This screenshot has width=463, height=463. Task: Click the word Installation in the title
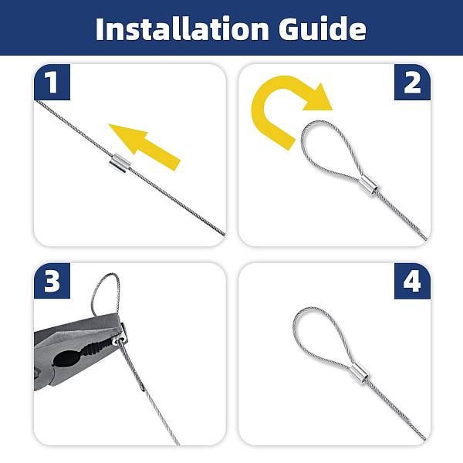(x=182, y=29)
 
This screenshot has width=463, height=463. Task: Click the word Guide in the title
(x=323, y=29)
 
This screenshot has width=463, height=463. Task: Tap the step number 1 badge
(x=52, y=82)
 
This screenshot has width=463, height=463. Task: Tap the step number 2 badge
(x=412, y=82)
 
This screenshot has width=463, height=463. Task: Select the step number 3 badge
(x=52, y=281)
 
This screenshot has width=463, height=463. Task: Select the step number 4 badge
(x=412, y=281)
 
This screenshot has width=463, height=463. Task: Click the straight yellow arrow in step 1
(x=145, y=147)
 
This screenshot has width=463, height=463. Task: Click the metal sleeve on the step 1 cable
(x=119, y=164)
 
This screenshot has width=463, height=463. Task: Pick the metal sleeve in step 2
(x=369, y=185)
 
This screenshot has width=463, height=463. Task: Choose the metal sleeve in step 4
(x=360, y=374)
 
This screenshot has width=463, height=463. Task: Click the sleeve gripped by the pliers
(x=121, y=339)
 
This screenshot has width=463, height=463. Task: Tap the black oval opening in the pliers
(x=67, y=357)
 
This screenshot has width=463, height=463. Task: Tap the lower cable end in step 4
(x=424, y=438)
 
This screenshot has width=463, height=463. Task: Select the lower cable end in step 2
(x=425, y=238)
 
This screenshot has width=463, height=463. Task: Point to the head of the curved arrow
(x=319, y=98)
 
